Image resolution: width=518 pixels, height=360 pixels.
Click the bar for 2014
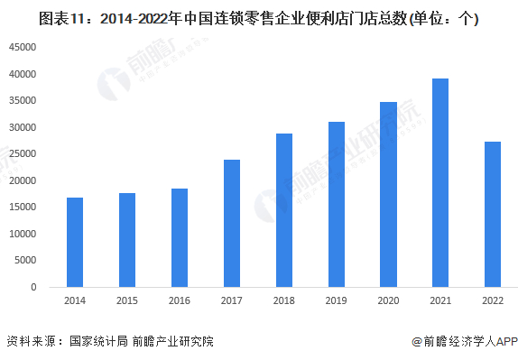[75, 242]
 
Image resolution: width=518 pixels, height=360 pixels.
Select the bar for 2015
[127, 240]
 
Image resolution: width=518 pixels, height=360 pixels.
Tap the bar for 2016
[180, 237]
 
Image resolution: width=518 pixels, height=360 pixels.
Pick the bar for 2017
[232, 223]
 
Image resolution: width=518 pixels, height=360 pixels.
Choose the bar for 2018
[283, 210]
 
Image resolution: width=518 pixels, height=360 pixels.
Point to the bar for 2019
[336, 204]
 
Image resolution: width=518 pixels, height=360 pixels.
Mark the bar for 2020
[388, 194]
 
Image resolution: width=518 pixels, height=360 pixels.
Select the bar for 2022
[493, 214]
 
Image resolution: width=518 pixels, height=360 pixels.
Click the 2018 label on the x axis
[283, 302]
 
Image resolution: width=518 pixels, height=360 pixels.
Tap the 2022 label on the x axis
[493, 302]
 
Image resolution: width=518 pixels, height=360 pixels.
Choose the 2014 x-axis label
[75, 302]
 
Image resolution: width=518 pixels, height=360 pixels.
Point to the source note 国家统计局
[95, 342]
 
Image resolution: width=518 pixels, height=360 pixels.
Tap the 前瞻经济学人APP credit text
[464, 342]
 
